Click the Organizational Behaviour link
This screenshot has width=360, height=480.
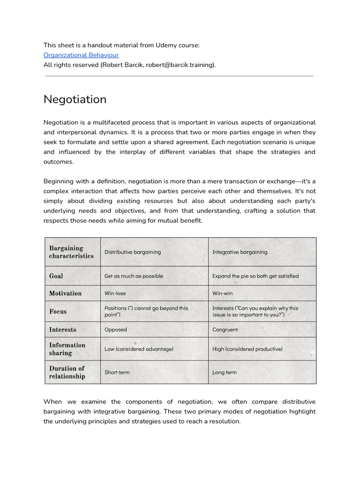(81, 55)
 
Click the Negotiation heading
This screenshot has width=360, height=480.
(75, 99)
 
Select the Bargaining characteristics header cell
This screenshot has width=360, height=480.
(71, 252)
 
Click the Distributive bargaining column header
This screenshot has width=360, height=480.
(133, 252)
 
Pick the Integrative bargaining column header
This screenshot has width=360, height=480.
(240, 252)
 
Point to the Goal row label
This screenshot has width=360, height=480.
(56, 276)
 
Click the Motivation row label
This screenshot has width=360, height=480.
(65, 293)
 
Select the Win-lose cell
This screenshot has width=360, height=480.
(115, 293)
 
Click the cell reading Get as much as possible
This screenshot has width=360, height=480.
(134, 276)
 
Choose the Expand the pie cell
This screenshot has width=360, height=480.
(255, 276)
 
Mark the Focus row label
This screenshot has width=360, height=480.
(58, 311)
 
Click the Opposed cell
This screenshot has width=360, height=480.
(116, 330)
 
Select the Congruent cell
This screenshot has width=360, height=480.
(225, 330)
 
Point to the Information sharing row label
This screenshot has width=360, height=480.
(67, 349)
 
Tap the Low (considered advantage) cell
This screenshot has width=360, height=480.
(139, 349)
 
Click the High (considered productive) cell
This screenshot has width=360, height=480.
(247, 349)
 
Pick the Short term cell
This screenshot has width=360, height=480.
(117, 372)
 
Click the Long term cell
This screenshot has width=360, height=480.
(225, 372)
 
